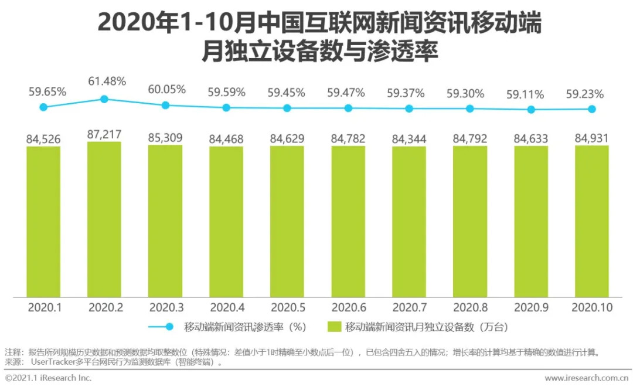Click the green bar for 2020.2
pyautogui.click(x=104, y=219)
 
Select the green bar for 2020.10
pyautogui.click(x=592, y=221)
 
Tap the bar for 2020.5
pyautogui.click(x=287, y=221)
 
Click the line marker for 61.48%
pyautogui.click(x=104, y=99)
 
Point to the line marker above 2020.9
pyautogui.click(x=531, y=110)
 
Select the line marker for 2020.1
pyautogui.click(x=43, y=107)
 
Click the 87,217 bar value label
pyautogui.click(x=104, y=134)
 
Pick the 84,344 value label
pyautogui.click(x=409, y=139)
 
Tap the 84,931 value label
pyautogui.click(x=592, y=138)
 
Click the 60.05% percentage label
pyautogui.click(x=166, y=89)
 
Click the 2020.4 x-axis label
pyautogui.click(x=226, y=307)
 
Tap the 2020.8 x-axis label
pyautogui.click(x=470, y=307)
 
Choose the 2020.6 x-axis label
pyautogui.click(x=348, y=307)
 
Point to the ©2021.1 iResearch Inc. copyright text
pyautogui.click(x=49, y=378)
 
